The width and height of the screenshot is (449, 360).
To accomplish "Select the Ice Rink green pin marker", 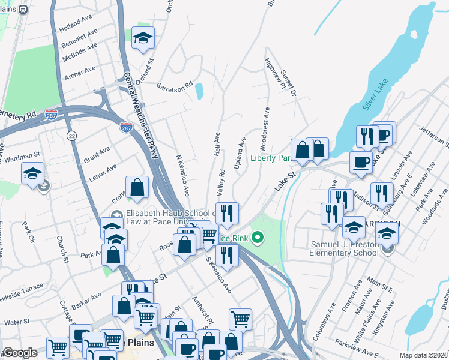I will coord(258,238).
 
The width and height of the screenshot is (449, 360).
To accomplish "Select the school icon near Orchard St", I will coord(143,38).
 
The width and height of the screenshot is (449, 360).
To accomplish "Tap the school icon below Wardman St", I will coord(32,175).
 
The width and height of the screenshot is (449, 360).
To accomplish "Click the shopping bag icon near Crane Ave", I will coord(137,187).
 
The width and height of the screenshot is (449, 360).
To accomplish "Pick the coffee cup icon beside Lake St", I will coord(361,163).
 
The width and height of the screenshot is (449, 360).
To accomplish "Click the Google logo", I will coord(20,353).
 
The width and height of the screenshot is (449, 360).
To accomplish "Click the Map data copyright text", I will coord(423,355).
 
